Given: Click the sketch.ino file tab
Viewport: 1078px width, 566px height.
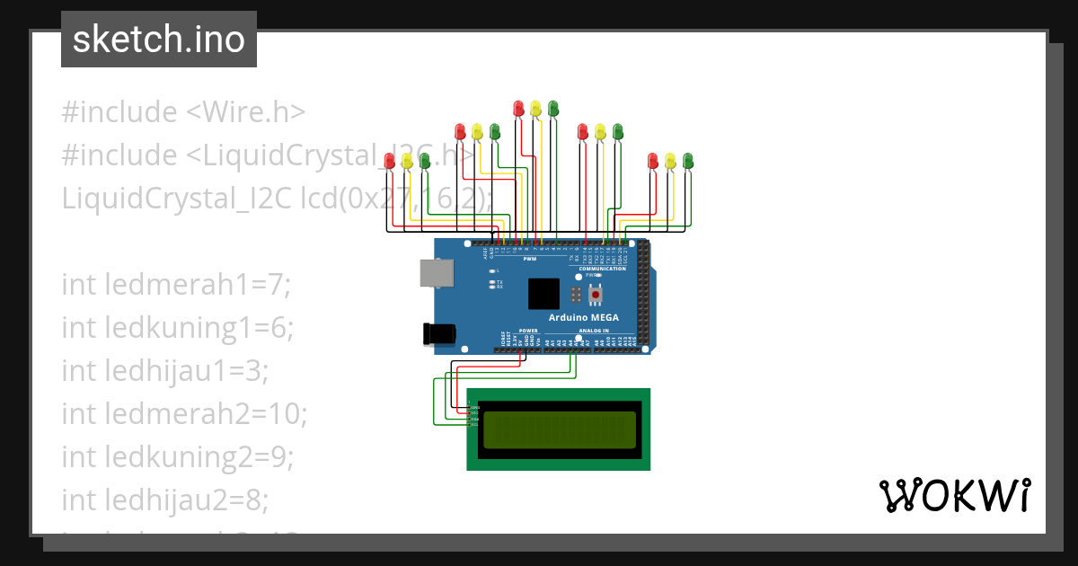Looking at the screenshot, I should click(x=159, y=40).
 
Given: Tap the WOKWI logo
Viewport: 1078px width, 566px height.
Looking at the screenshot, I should click(x=954, y=496).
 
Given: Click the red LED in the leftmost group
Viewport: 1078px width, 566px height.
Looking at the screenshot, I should click(x=389, y=161).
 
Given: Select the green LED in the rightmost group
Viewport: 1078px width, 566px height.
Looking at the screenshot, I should click(x=689, y=161).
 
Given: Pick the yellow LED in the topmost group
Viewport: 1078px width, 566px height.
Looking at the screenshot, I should click(x=535, y=108).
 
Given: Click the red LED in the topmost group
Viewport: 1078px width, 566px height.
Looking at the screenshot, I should click(x=518, y=108).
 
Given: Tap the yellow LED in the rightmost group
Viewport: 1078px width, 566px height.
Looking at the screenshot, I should click(x=671, y=161).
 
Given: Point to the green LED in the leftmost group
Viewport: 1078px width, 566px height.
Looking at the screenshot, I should click(x=425, y=161).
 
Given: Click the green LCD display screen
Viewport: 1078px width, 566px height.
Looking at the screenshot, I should click(x=560, y=430).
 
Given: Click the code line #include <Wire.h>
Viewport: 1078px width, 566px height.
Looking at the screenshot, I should click(x=183, y=112).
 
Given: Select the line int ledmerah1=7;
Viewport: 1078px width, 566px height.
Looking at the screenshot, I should click(x=177, y=285).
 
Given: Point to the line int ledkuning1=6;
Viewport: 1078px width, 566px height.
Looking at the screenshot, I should click(x=178, y=328).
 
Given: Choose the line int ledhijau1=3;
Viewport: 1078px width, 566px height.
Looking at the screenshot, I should click(x=165, y=371).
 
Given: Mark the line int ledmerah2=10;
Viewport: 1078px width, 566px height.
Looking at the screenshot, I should click(x=184, y=414).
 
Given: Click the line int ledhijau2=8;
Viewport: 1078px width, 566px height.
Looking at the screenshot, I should click(x=165, y=500).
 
